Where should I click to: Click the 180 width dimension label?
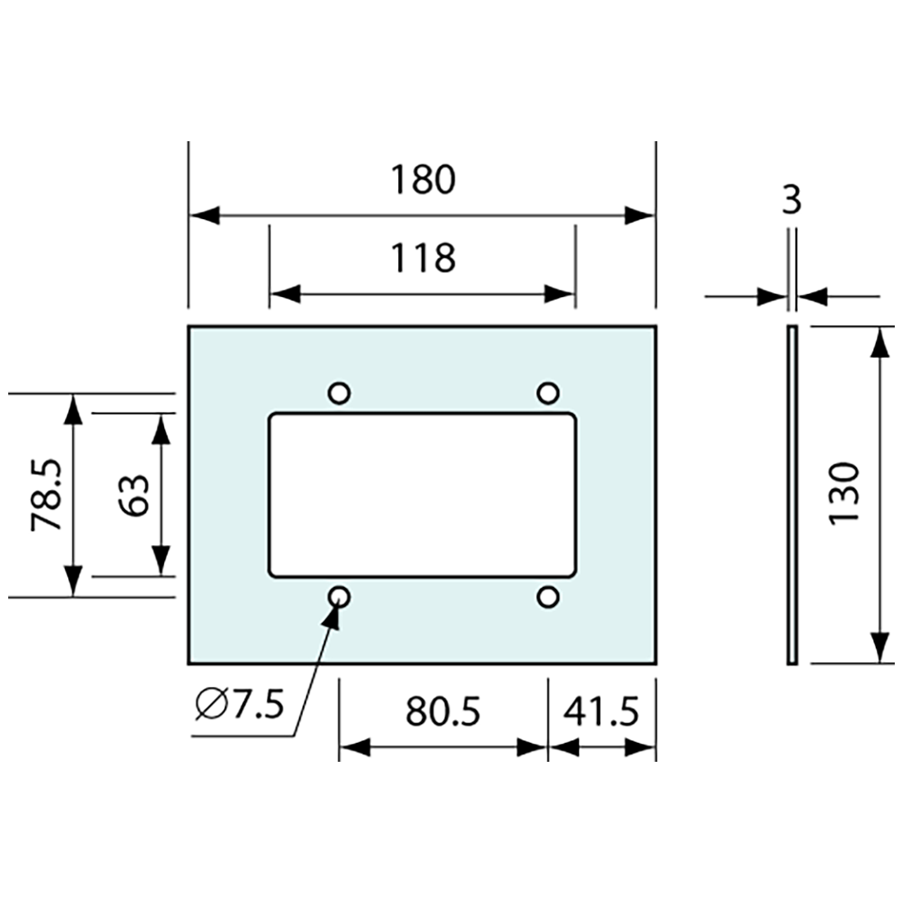click(422, 180)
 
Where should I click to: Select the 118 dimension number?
click(422, 258)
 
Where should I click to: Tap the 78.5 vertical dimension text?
click(46, 496)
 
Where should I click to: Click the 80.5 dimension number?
click(442, 711)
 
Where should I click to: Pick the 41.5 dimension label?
click(600, 711)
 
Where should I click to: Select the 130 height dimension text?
click(843, 494)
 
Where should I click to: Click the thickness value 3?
click(791, 200)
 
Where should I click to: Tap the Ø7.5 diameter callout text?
click(239, 704)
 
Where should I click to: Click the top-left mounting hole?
click(339, 393)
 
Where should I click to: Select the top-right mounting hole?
click(548, 393)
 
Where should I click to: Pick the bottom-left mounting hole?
click(339, 597)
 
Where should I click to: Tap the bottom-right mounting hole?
click(548, 597)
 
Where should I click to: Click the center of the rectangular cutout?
click(422, 496)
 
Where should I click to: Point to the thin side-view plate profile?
click(791, 495)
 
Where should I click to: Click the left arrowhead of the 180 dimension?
click(204, 216)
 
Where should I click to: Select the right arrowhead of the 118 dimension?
click(561, 294)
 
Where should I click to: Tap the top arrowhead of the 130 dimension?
click(880, 341)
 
